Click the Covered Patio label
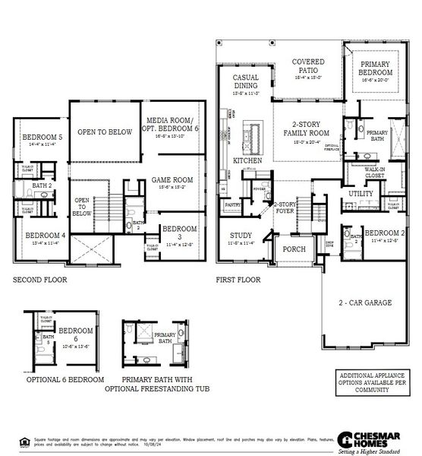point(307,67)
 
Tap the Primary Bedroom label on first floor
point(374,69)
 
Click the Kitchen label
point(247,162)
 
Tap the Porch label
point(293,249)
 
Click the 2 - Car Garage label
point(365,302)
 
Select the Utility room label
point(361,194)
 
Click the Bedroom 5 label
point(38,138)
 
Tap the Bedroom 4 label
point(46,236)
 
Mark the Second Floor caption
point(39,280)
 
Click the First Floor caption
point(238,280)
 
